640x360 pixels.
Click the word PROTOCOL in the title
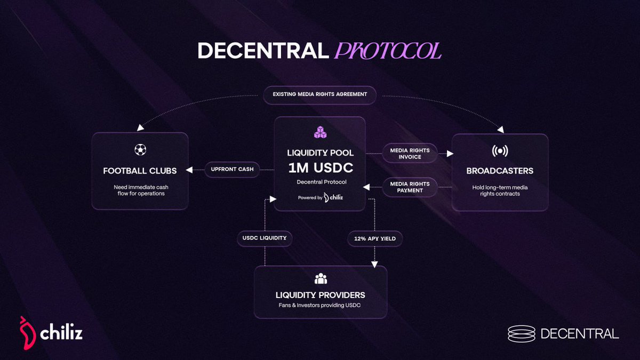coord(388,51)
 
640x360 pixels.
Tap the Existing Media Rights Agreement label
coord(320,94)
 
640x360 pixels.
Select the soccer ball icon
coord(140,150)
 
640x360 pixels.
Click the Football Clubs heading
coord(140,171)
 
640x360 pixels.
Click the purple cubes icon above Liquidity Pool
coord(319,133)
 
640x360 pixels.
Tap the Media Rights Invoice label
coord(410,154)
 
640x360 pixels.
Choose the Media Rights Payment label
coord(410,187)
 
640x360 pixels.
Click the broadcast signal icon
coord(500,150)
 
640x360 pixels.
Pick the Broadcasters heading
coord(500,171)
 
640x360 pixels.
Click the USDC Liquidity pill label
coord(265,238)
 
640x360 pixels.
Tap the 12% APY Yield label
coord(374,238)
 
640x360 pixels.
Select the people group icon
coord(321,278)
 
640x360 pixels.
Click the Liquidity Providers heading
coord(321,295)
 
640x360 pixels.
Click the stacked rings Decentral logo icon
coord(521,334)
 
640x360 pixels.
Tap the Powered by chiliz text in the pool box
coord(319,197)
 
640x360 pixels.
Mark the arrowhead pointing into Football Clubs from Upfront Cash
coord(189,170)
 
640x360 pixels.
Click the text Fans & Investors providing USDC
coord(321,306)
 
